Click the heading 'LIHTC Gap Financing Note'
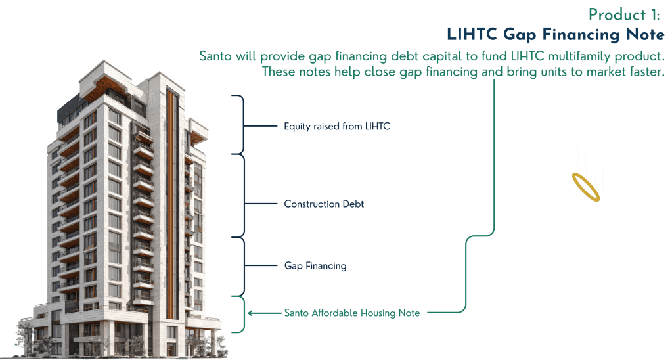click(554, 34)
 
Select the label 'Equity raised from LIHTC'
click(337, 126)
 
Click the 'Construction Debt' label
click(324, 204)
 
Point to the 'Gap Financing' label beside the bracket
click(315, 266)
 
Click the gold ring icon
click(586, 188)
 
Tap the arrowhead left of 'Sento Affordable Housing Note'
click(251, 313)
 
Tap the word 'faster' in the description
click(644, 72)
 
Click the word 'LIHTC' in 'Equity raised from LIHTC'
click(377, 126)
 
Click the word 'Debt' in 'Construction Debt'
click(353, 204)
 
